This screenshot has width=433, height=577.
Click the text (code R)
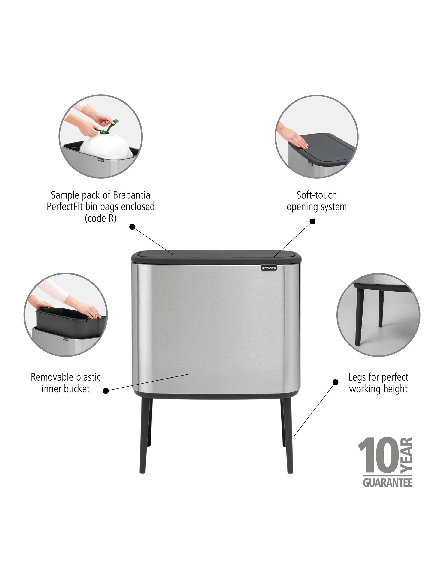coord(100,218)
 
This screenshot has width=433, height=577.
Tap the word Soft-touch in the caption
coord(316,195)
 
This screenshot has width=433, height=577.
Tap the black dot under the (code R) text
coord(133,227)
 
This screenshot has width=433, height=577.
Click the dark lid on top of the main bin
coord(217,257)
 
